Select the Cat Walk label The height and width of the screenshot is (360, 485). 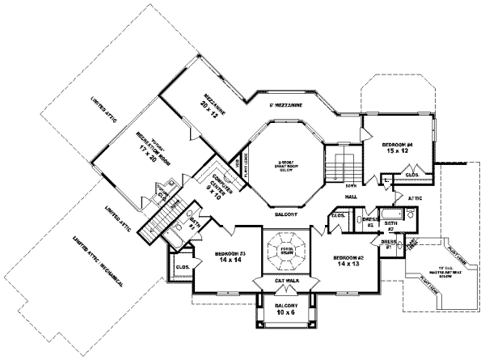tap(287, 280)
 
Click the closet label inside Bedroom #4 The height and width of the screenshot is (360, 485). tap(411, 175)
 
